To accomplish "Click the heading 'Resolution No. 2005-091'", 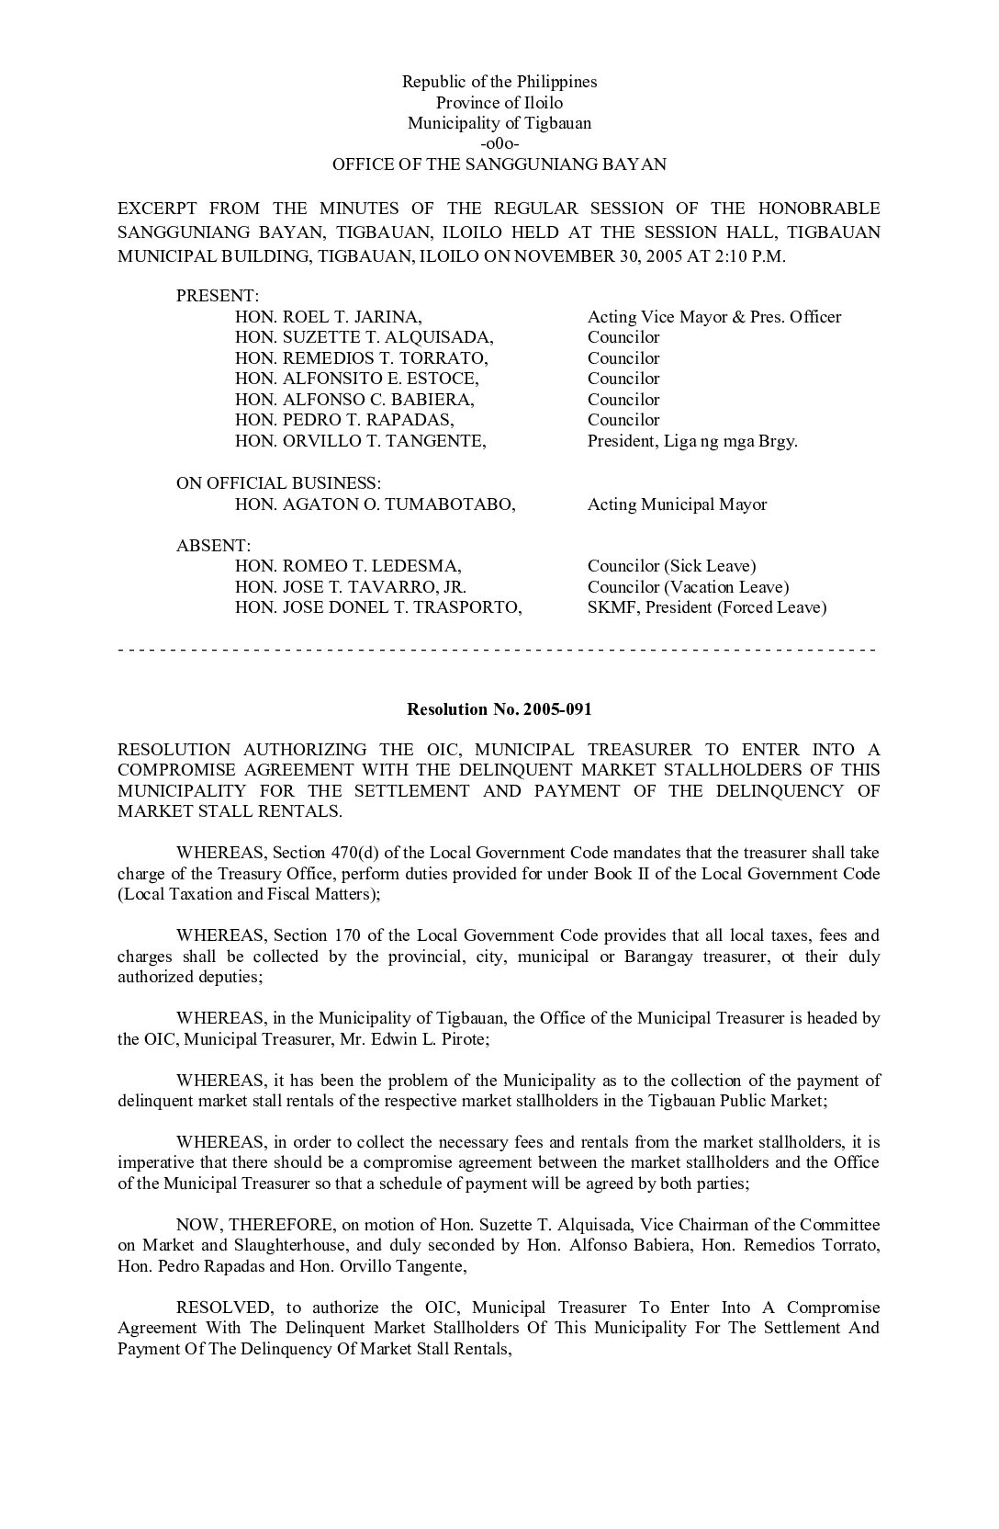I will pos(499,708).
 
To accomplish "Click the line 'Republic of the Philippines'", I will pos(499,82).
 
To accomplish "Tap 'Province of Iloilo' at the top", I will pos(499,103).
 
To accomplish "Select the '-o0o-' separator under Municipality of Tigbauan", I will pos(499,144).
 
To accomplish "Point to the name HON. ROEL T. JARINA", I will pos(328,317).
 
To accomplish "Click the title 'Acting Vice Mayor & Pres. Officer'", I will pos(713,317).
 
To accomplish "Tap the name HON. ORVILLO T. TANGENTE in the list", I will pos(360,441).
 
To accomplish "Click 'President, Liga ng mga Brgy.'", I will pos(692,441).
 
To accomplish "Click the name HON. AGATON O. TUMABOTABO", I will pos(375,504).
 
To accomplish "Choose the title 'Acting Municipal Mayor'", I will pos(677,504).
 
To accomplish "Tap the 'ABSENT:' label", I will pos(213,546).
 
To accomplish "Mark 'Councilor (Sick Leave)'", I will pos(671,566).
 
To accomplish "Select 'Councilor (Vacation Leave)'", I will pos(688,587).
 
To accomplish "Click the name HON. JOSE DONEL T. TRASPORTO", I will pos(378,607).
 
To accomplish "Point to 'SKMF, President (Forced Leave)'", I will pos(707,607).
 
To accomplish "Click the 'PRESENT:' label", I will pos(218,296).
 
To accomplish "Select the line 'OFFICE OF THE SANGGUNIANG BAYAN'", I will pos(499,165).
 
